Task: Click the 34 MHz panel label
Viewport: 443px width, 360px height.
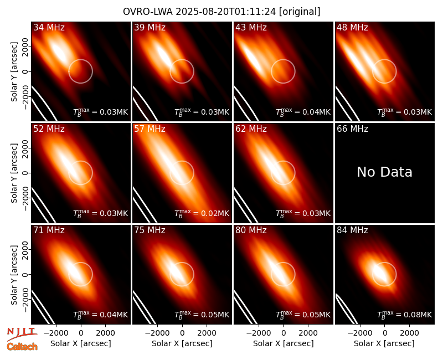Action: click(x=49, y=27)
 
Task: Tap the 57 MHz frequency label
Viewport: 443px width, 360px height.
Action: click(x=150, y=129)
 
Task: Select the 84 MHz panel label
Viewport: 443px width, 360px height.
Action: click(x=352, y=230)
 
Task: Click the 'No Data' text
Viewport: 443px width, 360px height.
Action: click(x=384, y=172)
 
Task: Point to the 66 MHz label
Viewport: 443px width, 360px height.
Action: click(x=352, y=129)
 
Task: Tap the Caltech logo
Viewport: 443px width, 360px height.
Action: click(x=22, y=347)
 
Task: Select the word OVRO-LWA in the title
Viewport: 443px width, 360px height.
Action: click(x=148, y=12)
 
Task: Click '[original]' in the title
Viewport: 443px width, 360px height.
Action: click(x=300, y=12)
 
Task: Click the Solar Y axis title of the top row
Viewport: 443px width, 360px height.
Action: click(x=14, y=72)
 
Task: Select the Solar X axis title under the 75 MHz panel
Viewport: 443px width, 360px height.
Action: click(x=182, y=343)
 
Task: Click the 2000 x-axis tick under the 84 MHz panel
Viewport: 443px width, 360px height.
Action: click(x=409, y=333)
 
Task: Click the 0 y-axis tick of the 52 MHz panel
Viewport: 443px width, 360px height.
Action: click(x=25, y=173)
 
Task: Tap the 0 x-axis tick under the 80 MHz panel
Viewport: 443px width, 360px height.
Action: click(x=284, y=333)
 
